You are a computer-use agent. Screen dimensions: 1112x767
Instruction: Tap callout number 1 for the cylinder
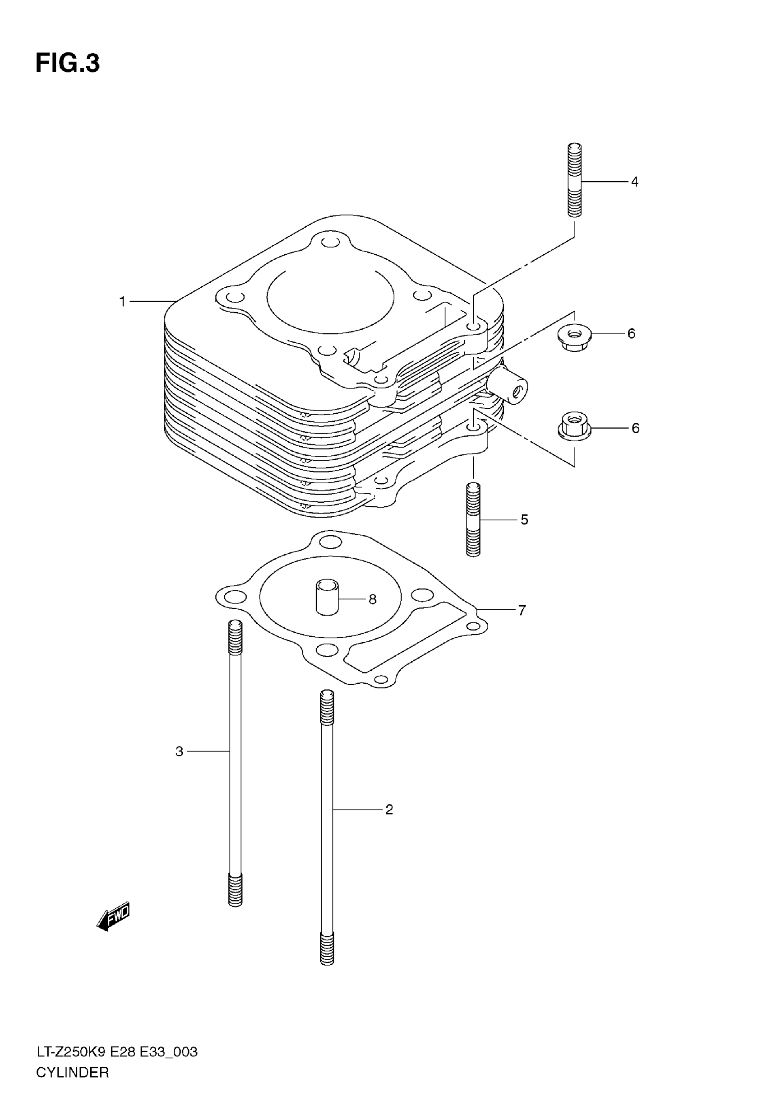(123, 302)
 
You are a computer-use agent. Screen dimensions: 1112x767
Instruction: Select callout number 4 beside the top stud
(634, 182)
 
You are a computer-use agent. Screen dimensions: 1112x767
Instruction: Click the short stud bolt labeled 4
(575, 180)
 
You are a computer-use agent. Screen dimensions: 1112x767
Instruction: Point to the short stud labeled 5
(473, 519)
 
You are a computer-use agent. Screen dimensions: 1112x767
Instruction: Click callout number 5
(524, 519)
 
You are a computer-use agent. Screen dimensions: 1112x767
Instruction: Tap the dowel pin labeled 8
(327, 597)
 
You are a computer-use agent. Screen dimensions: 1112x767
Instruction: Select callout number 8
(373, 599)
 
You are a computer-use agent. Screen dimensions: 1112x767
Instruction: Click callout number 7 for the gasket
(522, 610)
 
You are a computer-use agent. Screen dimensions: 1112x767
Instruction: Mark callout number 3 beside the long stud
(179, 751)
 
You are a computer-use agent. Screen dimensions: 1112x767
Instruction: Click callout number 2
(389, 810)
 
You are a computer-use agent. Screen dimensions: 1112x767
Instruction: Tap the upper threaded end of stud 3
(236, 637)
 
